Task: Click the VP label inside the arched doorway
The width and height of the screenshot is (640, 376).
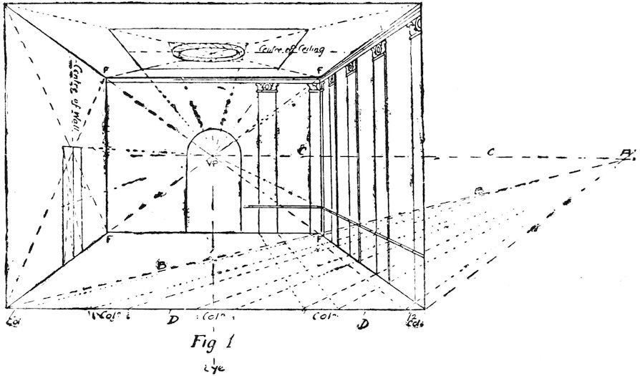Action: pos(210,163)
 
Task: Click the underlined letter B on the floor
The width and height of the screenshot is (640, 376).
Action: pos(162,264)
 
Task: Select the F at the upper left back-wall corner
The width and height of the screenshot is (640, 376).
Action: pos(105,71)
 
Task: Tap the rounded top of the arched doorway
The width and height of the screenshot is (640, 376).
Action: pos(211,136)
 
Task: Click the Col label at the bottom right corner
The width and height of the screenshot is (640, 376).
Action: pos(414,319)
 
